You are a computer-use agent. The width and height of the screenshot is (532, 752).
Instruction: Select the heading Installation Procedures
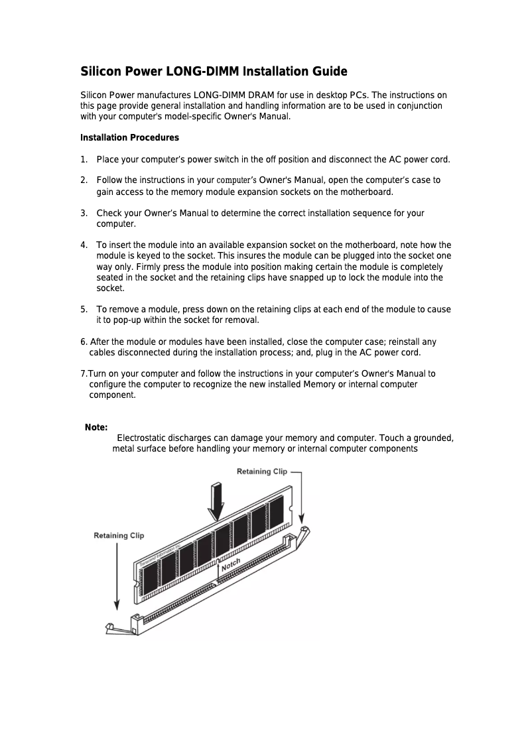point(129,138)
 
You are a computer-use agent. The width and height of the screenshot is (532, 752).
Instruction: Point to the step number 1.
point(84,159)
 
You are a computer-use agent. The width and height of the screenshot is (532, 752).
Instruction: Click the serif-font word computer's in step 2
point(237,180)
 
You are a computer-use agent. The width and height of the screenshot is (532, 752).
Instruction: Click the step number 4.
point(84,245)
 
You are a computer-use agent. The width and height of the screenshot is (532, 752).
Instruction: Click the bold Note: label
point(96,428)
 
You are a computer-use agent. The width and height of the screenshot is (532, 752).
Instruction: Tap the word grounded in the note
point(433,438)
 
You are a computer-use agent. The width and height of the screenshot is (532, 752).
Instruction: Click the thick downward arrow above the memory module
point(216,501)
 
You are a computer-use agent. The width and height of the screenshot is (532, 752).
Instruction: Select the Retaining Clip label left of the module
point(119,535)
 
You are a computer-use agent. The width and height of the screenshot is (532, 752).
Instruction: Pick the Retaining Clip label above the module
point(262,471)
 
